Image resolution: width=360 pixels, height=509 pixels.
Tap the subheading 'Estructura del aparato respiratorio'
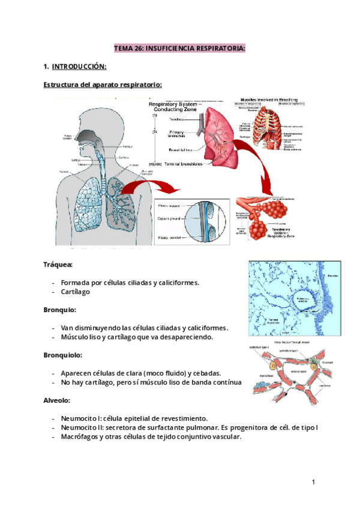(103, 85)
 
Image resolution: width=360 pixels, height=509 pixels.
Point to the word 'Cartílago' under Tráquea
(76, 292)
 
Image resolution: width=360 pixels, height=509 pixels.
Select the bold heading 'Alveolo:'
(58, 400)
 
